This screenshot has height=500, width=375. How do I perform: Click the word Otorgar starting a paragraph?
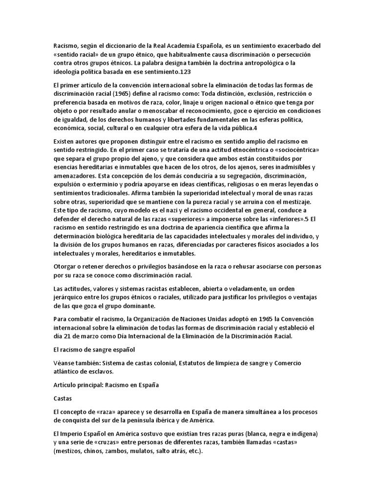[x=66, y=266]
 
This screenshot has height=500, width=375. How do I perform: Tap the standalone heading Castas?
[x=63, y=399]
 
